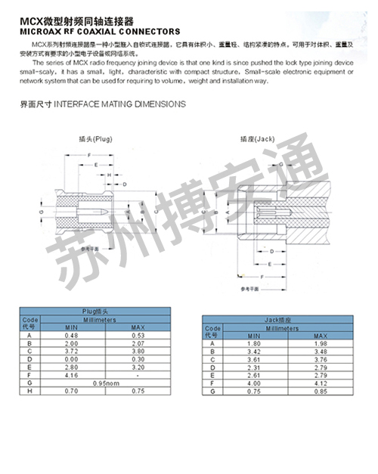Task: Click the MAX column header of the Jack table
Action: (321, 335)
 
